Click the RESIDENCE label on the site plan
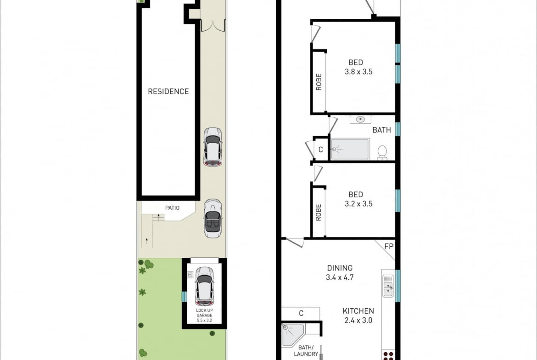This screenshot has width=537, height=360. click(x=168, y=91)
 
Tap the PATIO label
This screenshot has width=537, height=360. click(x=172, y=208)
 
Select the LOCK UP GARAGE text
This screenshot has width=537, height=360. click(x=204, y=313)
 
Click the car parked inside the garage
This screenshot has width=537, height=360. click(x=204, y=286)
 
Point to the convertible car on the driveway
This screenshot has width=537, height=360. click(x=213, y=218)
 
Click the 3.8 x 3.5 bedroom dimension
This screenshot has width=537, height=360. click(x=358, y=72)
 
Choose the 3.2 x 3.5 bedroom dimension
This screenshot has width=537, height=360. click(x=358, y=204)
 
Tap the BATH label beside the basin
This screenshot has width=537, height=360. click(x=381, y=130)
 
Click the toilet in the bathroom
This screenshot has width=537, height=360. click(x=382, y=153)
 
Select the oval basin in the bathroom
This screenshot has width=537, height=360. click(x=360, y=119)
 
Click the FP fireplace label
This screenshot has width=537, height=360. click(x=389, y=246)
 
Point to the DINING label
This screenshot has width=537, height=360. click(x=340, y=268)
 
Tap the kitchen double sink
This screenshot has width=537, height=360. click(x=388, y=286)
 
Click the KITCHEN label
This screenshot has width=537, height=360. click(x=358, y=311)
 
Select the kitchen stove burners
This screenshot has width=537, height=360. click(x=388, y=355)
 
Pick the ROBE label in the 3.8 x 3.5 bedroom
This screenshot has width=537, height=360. click(x=319, y=82)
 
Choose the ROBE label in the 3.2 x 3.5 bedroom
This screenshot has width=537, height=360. click(x=319, y=212)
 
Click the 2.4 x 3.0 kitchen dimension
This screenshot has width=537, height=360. click(x=358, y=321)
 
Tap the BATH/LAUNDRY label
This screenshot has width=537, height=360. click(x=306, y=351)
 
